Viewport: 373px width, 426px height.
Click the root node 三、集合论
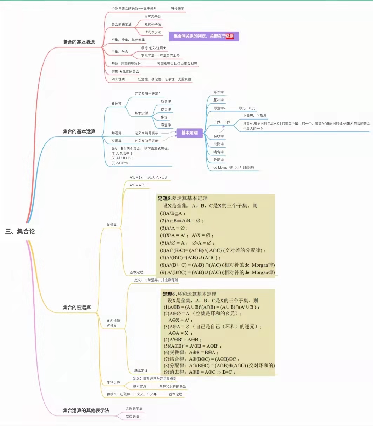point(20,231)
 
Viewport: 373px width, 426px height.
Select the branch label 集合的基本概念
point(79,42)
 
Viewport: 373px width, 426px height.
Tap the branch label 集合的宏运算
point(76,308)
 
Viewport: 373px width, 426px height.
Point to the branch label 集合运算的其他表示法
point(86,410)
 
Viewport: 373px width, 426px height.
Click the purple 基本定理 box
point(189,133)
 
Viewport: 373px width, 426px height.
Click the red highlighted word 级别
point(229,36)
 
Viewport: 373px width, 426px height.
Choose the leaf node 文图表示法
point(134,408)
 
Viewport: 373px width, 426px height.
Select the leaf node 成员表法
point(133,416)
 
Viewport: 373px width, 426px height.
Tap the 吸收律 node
point(218,136)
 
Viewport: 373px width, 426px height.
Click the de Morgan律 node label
point(233,168)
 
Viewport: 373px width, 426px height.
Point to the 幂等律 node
point(218,92)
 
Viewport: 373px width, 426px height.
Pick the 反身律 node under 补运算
point(166,102)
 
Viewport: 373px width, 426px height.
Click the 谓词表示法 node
point(153,32)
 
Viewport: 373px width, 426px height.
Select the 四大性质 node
point(118,79)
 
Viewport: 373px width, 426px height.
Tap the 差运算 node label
point(112,225)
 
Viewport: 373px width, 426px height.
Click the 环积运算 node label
point(113,382)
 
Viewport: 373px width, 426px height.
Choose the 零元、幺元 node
point(247,108)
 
